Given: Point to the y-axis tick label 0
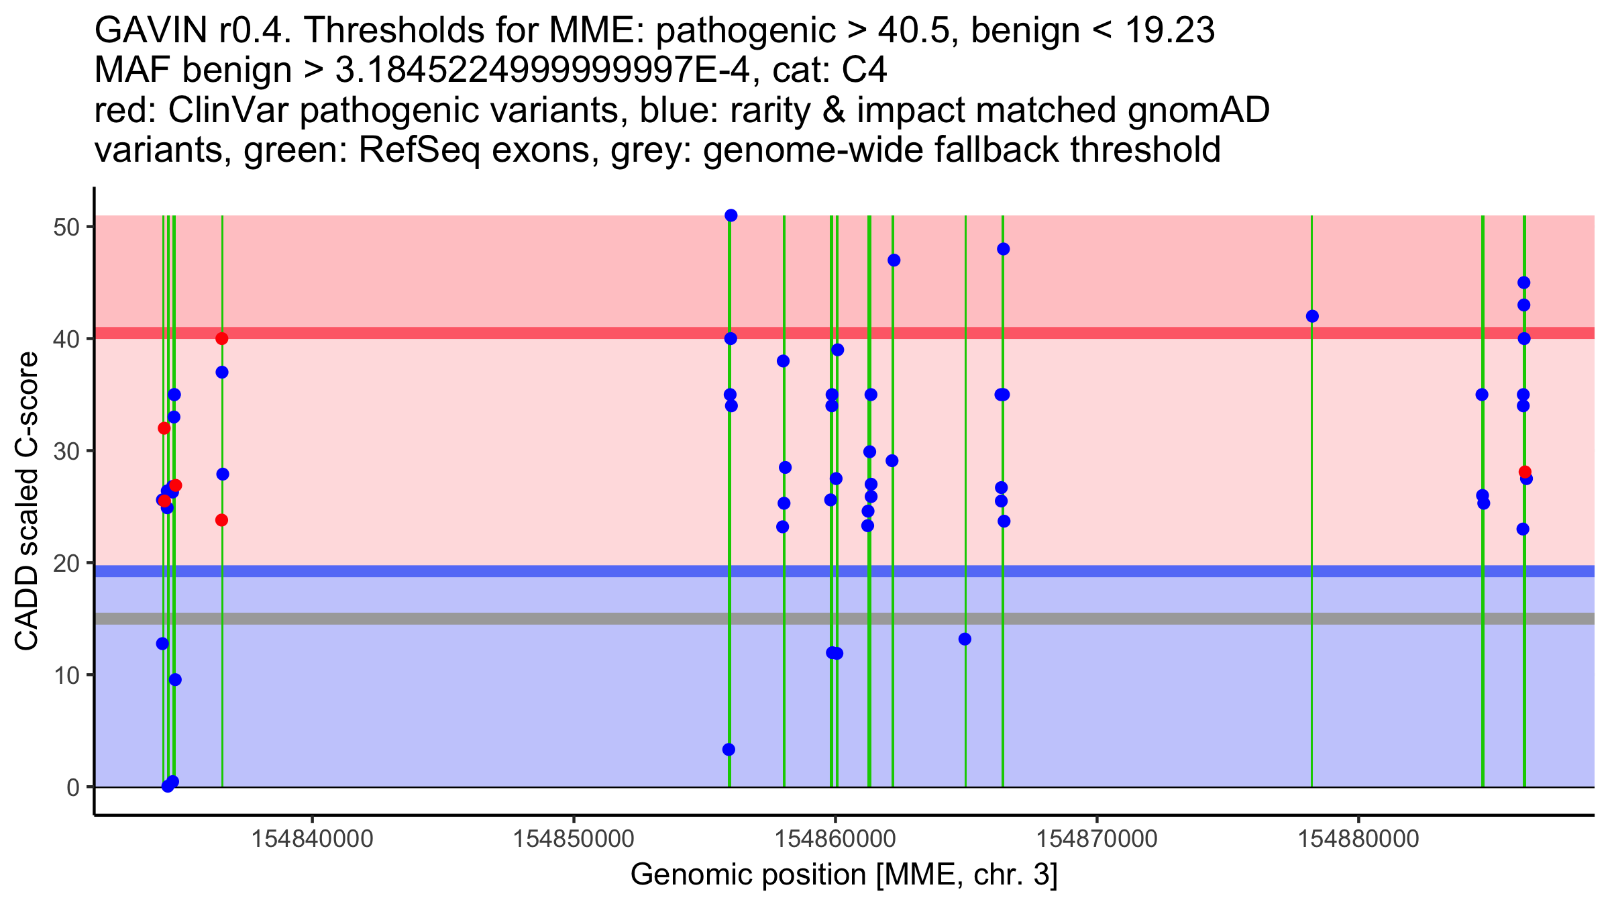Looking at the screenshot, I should (x=72, y=787).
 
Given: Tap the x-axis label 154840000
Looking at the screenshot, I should (x=312, y=839).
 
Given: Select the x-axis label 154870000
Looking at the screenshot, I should (x=1097, y=839).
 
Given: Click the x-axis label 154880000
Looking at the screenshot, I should (x=1358, y=839).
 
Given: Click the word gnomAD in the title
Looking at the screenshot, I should (x=1199, y=110).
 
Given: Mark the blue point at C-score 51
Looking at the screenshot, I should (x=731, y=215).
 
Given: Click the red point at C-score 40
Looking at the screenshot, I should (x=222, y=338).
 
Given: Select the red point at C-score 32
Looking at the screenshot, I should (x=164, y=428).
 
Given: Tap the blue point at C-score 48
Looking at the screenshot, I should (x=1004, y=249).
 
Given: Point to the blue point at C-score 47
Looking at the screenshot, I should (x=894, y=260).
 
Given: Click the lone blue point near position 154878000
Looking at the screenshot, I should (x=1313, y=316).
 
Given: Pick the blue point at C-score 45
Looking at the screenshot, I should (x=1524, y=283).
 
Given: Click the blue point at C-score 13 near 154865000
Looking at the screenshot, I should (x=965, y=639).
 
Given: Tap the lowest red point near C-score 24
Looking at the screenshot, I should (x=222, y=520).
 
